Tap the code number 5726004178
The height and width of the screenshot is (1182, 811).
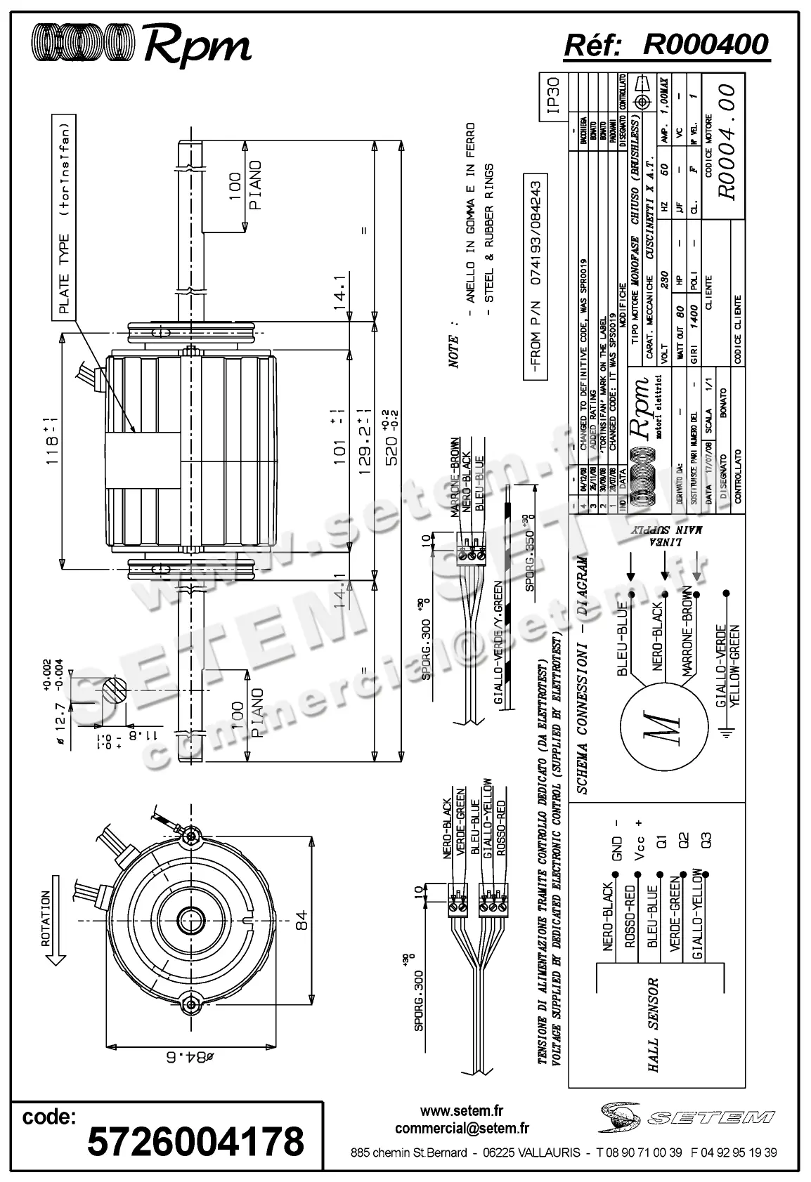[195, 1142]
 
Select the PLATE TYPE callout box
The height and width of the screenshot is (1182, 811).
[65, 217]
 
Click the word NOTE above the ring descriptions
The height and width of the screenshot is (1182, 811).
[454, 351]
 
